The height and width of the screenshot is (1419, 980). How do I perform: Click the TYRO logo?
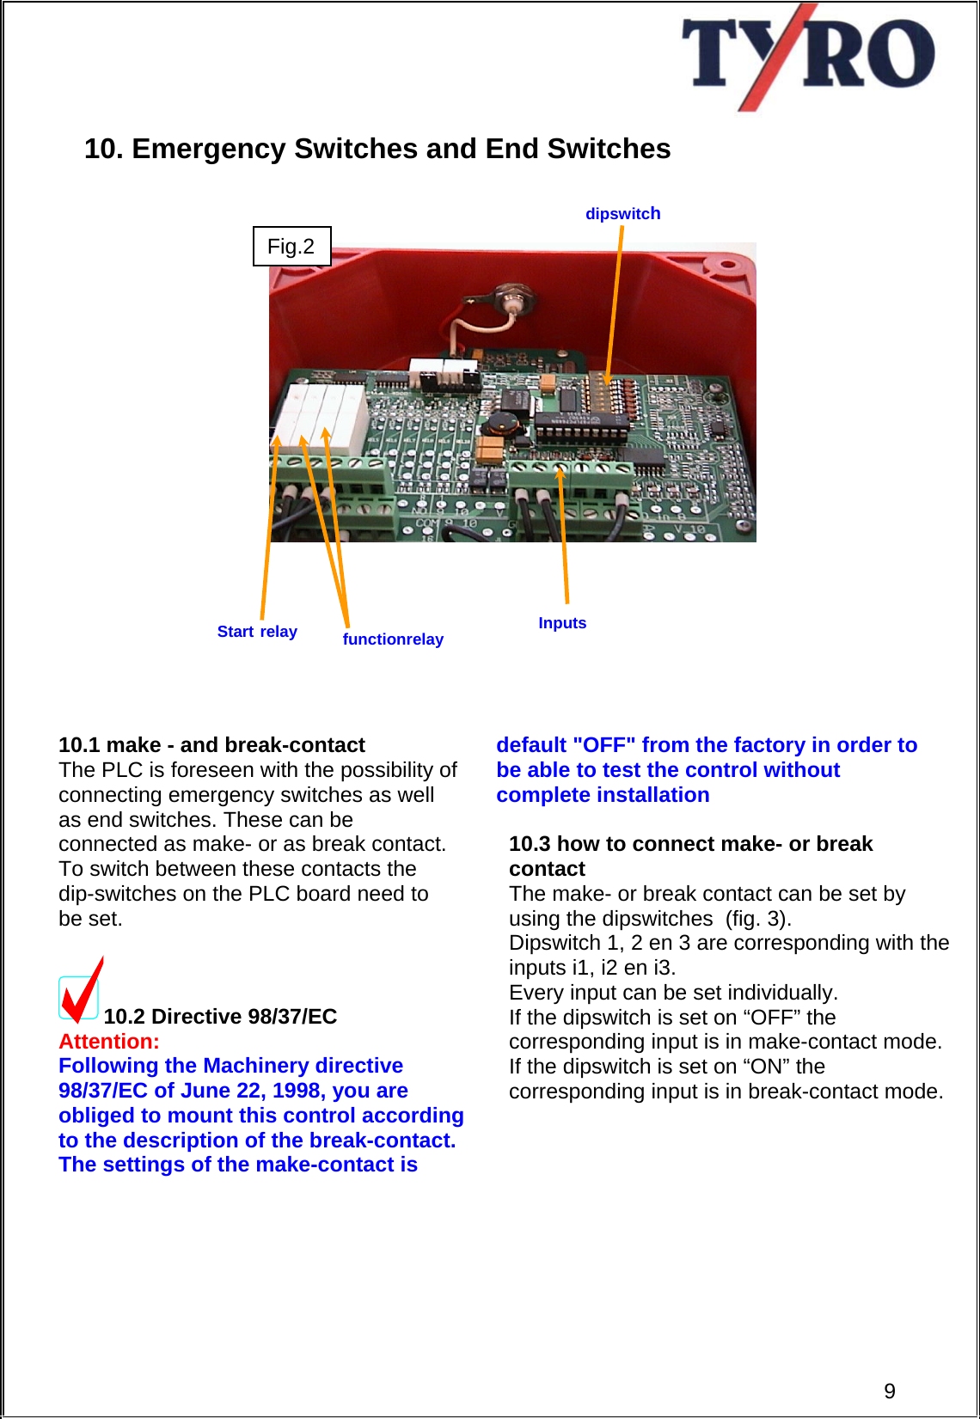[x=807, y=57]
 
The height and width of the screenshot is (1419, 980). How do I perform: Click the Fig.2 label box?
[x=291, y=247]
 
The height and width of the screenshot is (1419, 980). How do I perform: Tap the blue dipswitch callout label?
[x=622, y=214]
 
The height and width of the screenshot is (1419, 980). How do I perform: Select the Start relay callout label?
[x=257, y=632]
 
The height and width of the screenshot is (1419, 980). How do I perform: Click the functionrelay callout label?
[x=393, y=639]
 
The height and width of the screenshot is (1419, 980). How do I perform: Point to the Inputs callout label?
[x=562, y=623]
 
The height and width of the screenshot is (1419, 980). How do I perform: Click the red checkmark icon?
[x=82, y=992]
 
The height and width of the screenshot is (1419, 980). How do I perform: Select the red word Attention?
[x=109, y=1042]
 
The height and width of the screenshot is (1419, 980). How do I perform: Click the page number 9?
[x=890, y=1391]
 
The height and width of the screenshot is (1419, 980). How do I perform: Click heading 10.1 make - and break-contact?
[x=211, y=745]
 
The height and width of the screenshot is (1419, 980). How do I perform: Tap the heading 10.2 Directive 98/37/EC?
[x=220, y=1017]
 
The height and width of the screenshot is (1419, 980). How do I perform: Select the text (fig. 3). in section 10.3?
[x=758, y=919]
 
